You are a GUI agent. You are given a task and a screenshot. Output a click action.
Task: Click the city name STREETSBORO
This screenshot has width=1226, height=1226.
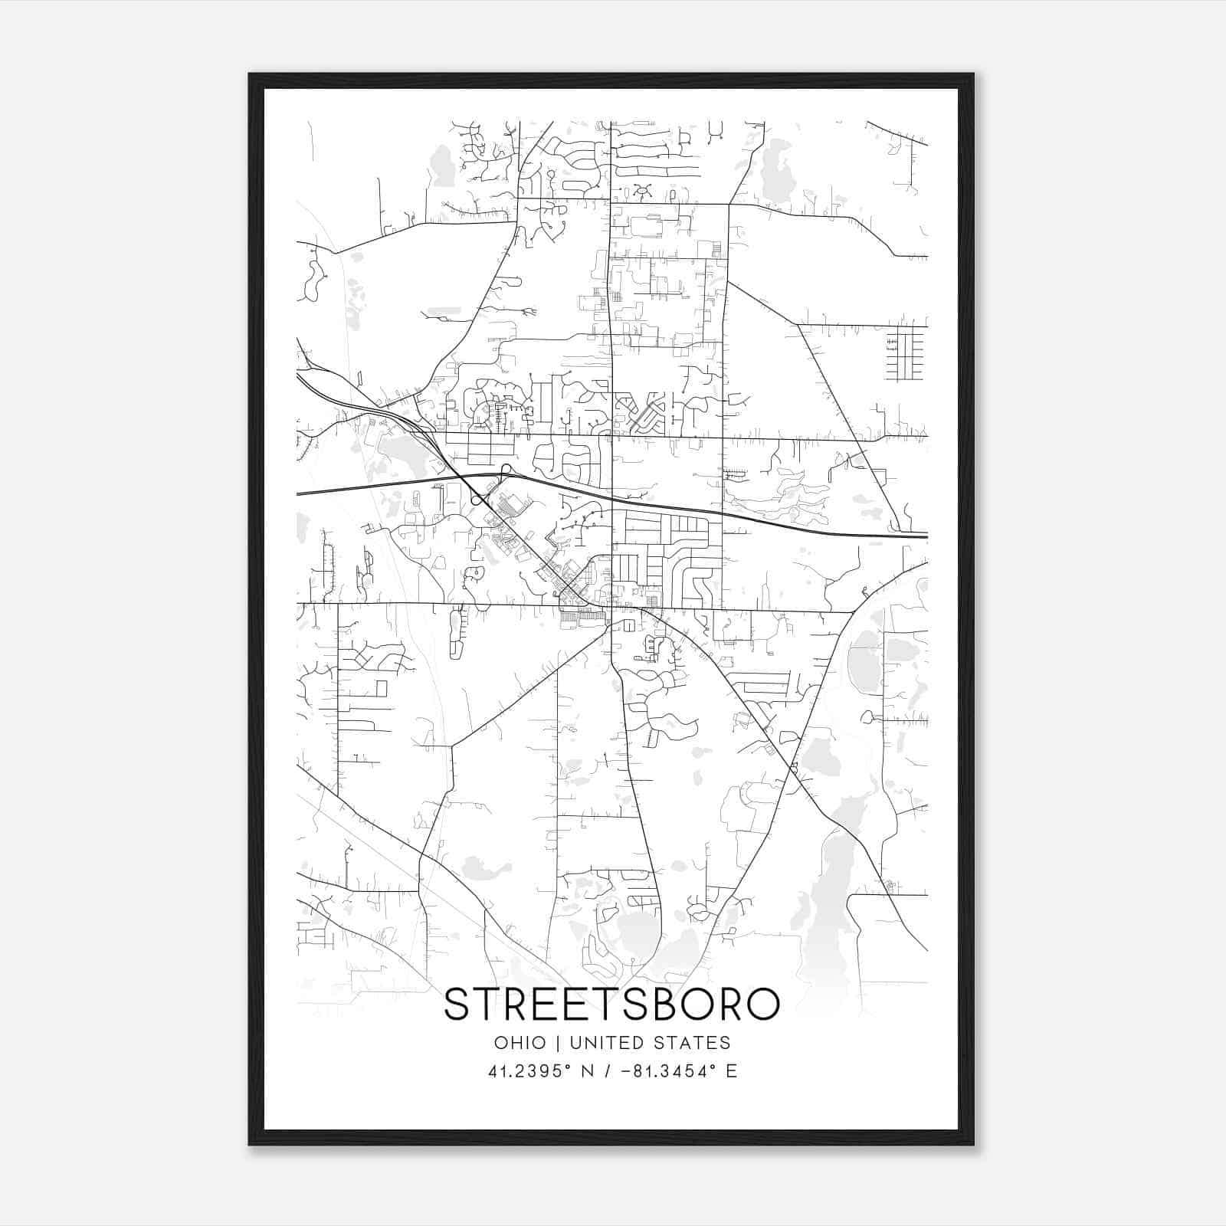(611, 1005)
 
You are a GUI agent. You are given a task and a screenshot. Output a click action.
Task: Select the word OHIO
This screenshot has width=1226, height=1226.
(520, 1043)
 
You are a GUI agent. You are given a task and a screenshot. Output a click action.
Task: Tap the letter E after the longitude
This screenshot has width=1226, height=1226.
(731, 1071)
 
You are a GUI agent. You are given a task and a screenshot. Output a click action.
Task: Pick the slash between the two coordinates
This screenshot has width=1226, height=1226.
(606, 1071)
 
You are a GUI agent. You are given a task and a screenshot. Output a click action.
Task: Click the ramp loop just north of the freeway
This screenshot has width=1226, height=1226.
(506, 469)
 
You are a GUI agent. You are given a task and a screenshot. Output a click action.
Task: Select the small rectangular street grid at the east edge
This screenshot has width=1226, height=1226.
(905, 354)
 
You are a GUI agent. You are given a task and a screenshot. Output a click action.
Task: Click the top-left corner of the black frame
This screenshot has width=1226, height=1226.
(250, 74)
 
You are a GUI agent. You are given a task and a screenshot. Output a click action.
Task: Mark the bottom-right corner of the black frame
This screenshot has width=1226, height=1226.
(972, 1144)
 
